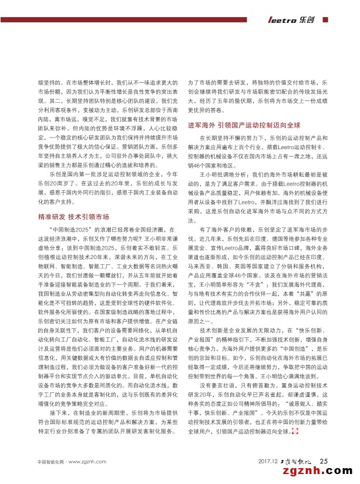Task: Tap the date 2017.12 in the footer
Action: [267, 460]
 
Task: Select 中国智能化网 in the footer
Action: [48, 461]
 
